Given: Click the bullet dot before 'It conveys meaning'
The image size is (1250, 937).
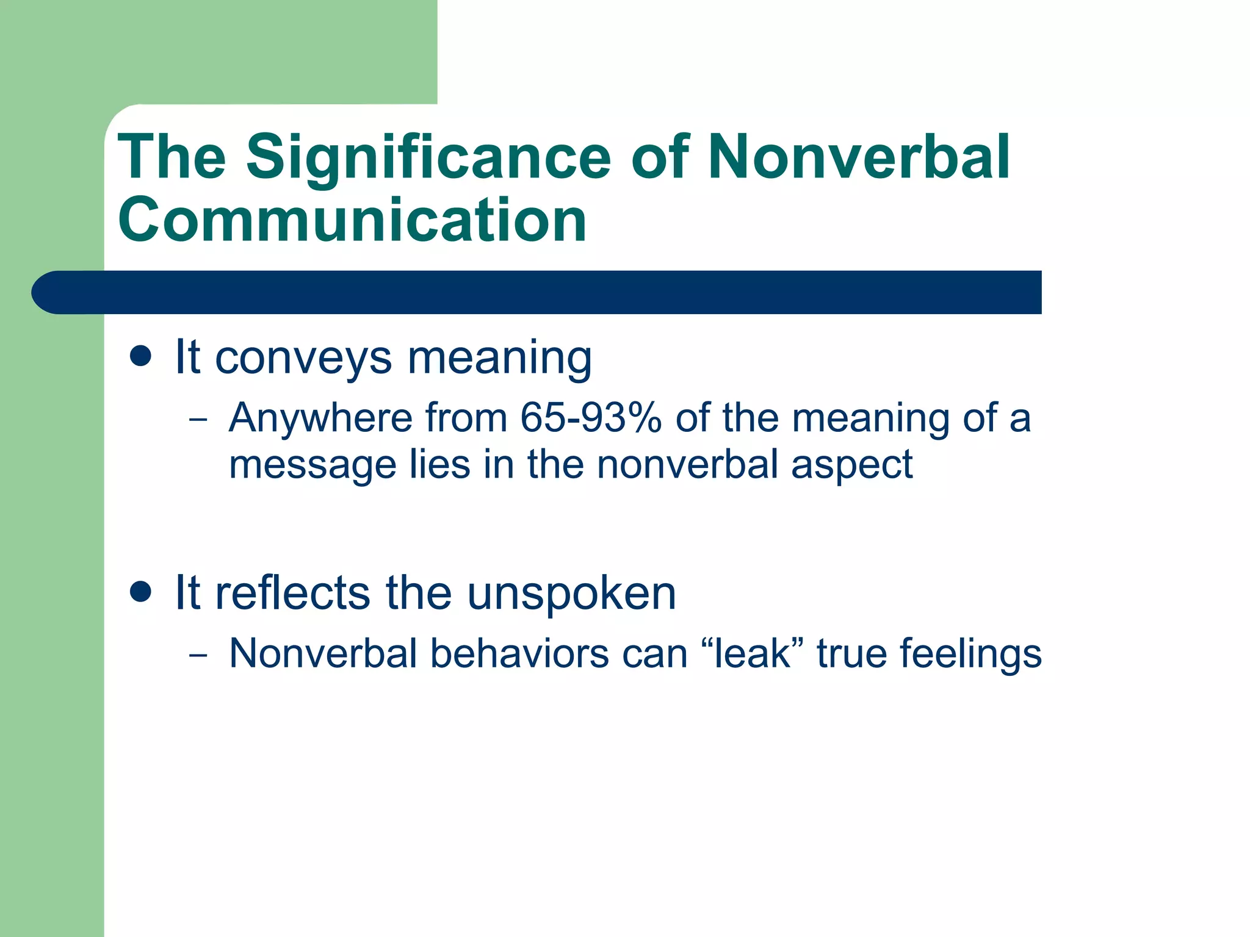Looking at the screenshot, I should [x=140, y=356].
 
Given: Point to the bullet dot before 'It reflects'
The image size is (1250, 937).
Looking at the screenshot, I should [x=140, y=592].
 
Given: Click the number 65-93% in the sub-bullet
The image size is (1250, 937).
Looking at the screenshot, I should [x=591, y=418].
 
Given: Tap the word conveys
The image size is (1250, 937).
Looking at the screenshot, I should [x=303, y=359].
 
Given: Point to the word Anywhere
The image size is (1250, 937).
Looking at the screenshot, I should [x=320, y=420].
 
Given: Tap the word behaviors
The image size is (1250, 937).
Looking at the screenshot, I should [x=519, y=653].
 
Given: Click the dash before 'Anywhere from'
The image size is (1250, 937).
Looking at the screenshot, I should [x=198, y=420].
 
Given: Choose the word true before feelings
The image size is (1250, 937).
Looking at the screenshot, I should [x=851, y=654].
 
